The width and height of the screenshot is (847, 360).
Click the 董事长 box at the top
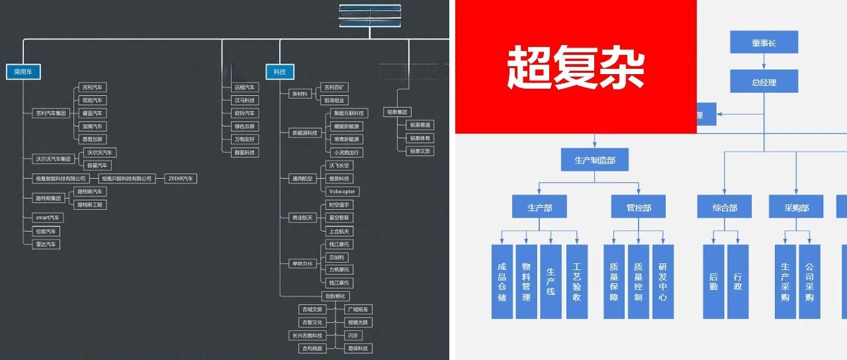(x=764, y=42)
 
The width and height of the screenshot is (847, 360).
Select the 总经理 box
(x=764, y=82)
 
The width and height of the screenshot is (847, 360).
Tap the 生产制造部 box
(x=594, y=159)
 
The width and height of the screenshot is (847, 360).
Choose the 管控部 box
(x=639, y=207)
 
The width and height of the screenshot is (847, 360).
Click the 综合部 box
(x=724, y=207)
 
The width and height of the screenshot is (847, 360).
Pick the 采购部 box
(x=796, y=207)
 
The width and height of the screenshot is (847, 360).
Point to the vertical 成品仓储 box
(x=502, y=281)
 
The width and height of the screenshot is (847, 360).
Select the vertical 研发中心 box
(x=662, y=281)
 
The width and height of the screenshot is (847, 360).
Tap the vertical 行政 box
(x=738, y=281)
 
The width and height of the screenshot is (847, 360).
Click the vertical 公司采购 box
(x=809, y=281)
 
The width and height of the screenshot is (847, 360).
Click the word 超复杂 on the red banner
(x=575, y=68)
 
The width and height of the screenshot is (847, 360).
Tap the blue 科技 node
(x=280, y=72)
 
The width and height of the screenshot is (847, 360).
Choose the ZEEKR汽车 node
(x=181, y=179)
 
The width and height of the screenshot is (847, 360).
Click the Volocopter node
(x=342, y=191)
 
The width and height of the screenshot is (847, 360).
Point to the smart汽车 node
(x=47, y=218)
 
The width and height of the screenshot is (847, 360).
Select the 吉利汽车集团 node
(x=51, y=113)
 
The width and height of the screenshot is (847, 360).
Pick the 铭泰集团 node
(x=398, y=112)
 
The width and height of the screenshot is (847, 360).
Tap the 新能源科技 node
(x=305, y=133)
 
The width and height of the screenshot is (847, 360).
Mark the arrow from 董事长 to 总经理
(x=764, y=62)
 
